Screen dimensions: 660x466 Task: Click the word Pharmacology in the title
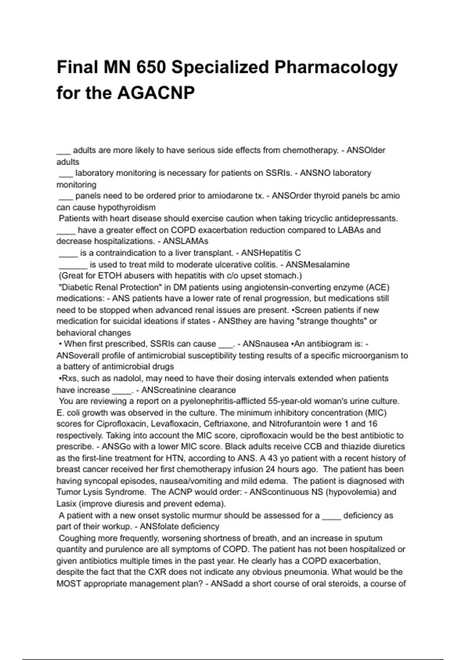[x=336, y=68]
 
